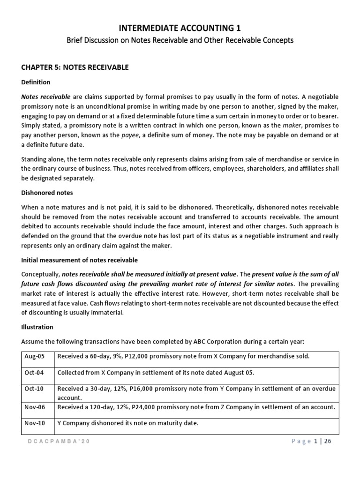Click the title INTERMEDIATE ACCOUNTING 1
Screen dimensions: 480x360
coord(180,28)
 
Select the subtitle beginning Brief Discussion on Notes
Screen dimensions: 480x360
coord(180,40)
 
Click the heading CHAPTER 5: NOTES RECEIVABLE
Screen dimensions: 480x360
coord(75,67)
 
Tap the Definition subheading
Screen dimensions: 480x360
coord(36,82)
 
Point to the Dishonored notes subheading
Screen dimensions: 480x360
coord(47,193)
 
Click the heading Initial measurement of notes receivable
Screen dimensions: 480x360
coord(80,260)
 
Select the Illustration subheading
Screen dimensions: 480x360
coord(37,327)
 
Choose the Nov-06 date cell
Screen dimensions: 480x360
coord(35,407)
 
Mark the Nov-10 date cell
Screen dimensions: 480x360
coord(35,423)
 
